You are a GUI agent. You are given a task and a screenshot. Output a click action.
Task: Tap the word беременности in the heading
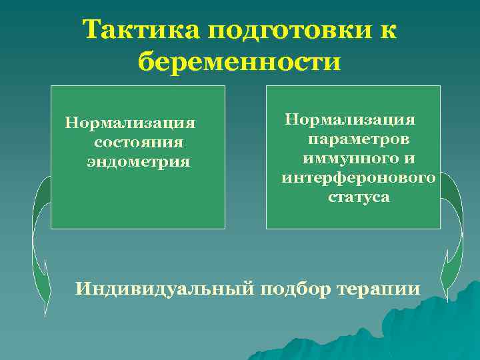[x=239, y=63]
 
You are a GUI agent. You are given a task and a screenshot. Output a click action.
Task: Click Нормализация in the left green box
[x=130, y=123]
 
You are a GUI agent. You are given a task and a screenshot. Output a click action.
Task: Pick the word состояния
[x=139, y=142]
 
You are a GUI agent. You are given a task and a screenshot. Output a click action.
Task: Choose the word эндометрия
[x=139, y=161]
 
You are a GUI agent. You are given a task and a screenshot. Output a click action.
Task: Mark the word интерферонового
[x=359, y=178]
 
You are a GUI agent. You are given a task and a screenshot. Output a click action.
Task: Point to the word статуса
[x=359, y=197]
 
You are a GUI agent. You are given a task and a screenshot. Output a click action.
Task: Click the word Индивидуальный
[x=163, y=289]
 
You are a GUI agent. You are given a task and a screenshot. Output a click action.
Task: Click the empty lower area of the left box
[x=138, y=200]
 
